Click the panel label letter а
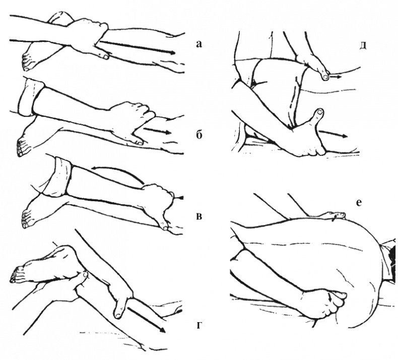tap(199, 44)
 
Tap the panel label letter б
tap(200, 135)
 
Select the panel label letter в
tap(200, 216)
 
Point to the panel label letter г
tap(200, 326)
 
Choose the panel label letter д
tap(363, 45)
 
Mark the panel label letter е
tap(359, 203)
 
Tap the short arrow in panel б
tap(157, 131)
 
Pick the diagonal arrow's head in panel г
tap(162, 330)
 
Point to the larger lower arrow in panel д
tap(333, 134)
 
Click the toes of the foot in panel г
tap(15, 274)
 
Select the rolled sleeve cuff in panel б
tap(30, 98)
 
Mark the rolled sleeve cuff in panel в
tap(57, 177)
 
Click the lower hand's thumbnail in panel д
tap(320, 111)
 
